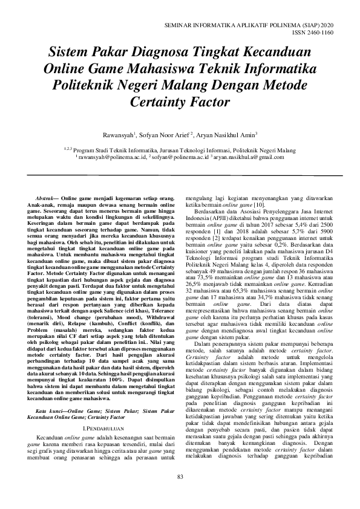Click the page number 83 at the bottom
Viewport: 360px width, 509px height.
(x=180, y=494)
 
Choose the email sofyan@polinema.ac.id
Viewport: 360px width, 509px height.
(x=174, y=157)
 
